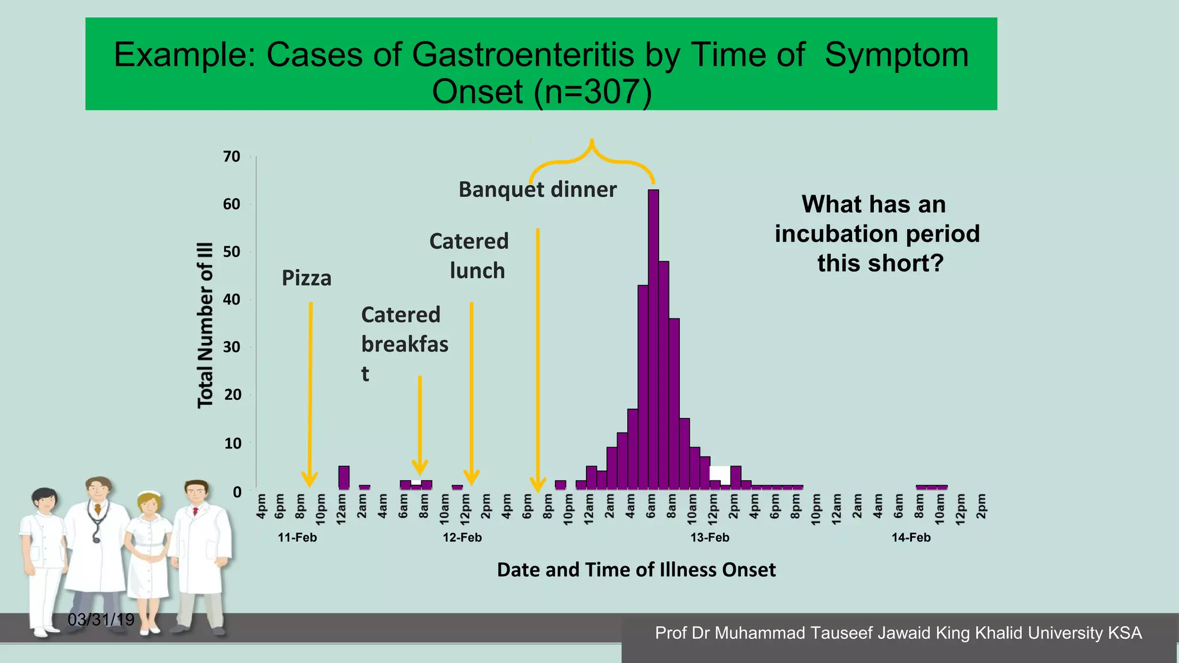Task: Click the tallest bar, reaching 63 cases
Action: tap(653, 340)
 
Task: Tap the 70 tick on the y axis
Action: tap(231, 157)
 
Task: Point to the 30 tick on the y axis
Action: tap(232, 347)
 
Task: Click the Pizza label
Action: tap(306, 279)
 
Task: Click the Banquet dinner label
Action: tap(537, 189)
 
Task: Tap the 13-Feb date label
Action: tap(710, 538)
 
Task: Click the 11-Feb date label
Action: tap(297, 538)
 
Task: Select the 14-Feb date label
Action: tap(911, 538)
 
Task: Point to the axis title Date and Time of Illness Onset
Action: tap(636, 570)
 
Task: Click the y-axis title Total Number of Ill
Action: tap(206, 325)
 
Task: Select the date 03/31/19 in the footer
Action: tap(101, 620)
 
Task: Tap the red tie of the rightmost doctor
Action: tap(196, 511)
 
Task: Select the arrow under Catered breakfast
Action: tap(420, 426)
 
